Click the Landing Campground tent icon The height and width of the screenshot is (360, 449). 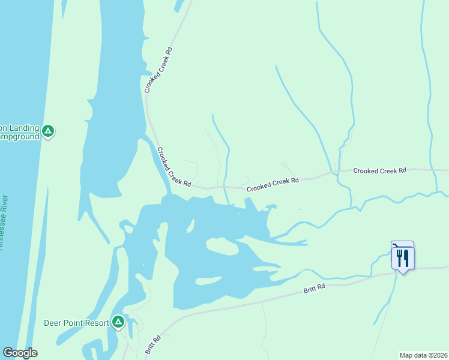[49, 130]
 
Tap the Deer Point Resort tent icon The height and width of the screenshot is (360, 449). [118, 322]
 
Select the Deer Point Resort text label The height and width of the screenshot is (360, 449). [76, 323]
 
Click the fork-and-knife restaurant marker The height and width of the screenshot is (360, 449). [402, 259]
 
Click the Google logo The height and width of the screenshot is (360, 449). [20, 353]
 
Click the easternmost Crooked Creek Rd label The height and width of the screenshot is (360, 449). [379, 171]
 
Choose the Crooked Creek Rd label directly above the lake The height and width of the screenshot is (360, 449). [273, 184]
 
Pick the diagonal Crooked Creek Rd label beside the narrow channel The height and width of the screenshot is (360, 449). [173, 167]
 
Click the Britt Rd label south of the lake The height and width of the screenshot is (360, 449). [313, 289]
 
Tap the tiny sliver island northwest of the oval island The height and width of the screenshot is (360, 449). [190, 225]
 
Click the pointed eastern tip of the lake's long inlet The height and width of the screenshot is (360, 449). [306, 242]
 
